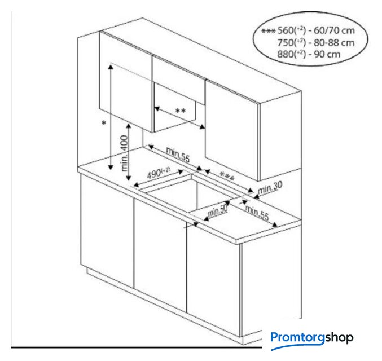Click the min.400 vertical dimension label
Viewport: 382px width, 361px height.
[x=125, y=153]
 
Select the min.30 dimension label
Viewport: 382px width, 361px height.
[x=270, y=187]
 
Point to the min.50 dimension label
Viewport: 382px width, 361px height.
[x=218, y=211]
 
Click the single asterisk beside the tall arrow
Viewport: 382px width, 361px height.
[x=104, y=124]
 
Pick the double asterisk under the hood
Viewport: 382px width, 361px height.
[x=181, y=111]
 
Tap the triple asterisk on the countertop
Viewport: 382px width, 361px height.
[x=227, y=176]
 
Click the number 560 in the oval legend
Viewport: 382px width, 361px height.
[x=286, y=30]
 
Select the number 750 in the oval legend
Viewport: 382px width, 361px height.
[x=286, y=43]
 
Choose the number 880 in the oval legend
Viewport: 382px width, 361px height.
[x=286, y=54]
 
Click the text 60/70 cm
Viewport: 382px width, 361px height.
[x=334, y=30]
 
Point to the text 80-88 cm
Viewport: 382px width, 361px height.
[x=334, y=43]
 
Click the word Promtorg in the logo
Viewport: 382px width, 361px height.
[x=298, y=338]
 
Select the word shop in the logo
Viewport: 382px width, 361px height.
[x=339, y=338]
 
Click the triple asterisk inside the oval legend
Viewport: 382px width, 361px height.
[x=268, y=31]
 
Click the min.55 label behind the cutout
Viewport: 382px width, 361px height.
[x=178, y=155]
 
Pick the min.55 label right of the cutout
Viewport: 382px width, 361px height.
[x=257, y=213]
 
